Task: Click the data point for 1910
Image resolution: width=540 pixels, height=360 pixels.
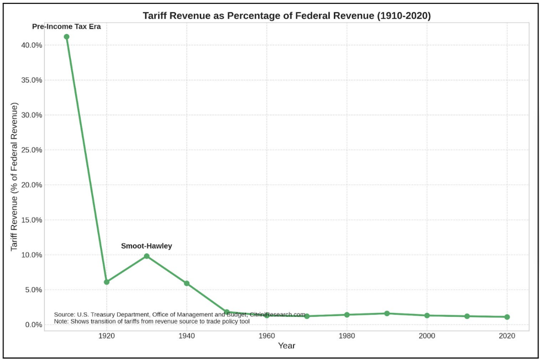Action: click(x=66, y=37)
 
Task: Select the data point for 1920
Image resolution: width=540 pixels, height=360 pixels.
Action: click(x=107, y=282)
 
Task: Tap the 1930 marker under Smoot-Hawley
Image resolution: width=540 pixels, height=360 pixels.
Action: click(x=147, y=256)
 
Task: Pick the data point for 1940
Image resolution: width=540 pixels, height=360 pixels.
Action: click(x=187, y=283)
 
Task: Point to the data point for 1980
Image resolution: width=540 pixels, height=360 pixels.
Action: click(x=347, y=315)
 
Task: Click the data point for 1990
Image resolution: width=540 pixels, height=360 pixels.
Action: click(x=387, y=313)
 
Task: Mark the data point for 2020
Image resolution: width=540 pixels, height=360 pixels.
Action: click(x=507, y=317)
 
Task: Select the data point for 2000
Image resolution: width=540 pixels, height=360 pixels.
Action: click(x=427, y=315)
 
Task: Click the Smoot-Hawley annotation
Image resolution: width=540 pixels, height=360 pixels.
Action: click(x=147, y=246)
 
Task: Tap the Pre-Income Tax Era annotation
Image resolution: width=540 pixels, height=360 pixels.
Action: click(x=67, y=27)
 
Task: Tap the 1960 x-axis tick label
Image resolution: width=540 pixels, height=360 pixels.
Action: click(x=267, y=336)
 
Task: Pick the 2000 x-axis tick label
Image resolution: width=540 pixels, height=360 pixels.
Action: click(x=427, y=336)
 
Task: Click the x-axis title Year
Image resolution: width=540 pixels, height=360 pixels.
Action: click(x=286, y=346)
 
